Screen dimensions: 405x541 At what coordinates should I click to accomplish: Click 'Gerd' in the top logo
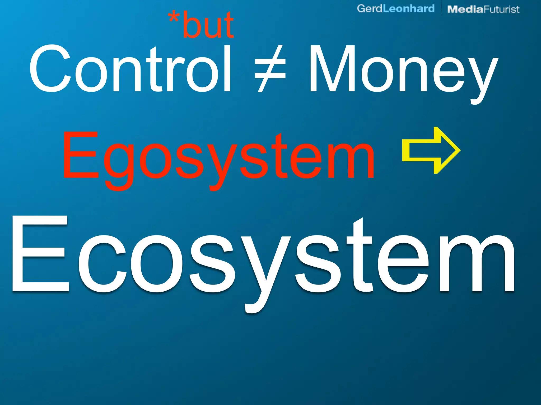pos(370,9)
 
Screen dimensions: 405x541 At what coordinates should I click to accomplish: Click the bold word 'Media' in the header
pos(465,9)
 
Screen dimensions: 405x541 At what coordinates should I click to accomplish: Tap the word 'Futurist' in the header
pos(502,9)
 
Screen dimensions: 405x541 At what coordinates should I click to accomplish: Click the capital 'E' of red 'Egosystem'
pos(81,156)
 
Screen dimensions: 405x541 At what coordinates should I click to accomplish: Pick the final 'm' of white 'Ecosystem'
pos(473,264)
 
